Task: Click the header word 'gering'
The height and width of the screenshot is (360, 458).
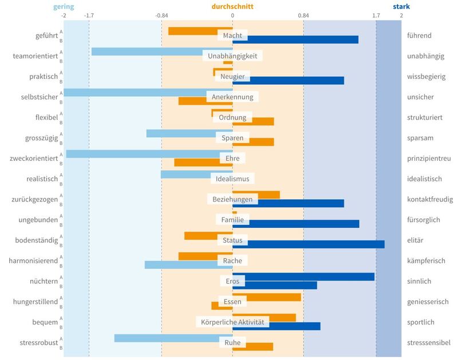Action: [63, 7]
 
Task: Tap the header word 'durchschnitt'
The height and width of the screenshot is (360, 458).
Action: [232, 7]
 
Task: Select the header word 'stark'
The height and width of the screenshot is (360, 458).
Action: [401, 7]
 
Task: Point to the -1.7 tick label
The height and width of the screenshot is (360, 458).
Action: [89, 15]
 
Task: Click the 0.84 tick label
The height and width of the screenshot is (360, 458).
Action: [303, 15]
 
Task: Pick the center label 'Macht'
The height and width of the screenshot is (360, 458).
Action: [232, 35]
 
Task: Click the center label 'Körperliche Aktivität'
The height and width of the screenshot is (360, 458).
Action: [232, 322]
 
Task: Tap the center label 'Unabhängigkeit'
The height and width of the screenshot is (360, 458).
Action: [232, 56]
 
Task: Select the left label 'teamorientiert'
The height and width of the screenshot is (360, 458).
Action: [35, 56]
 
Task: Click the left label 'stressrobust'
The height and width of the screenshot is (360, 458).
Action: [38, 343]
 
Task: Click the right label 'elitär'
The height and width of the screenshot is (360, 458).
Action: [414, 240]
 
